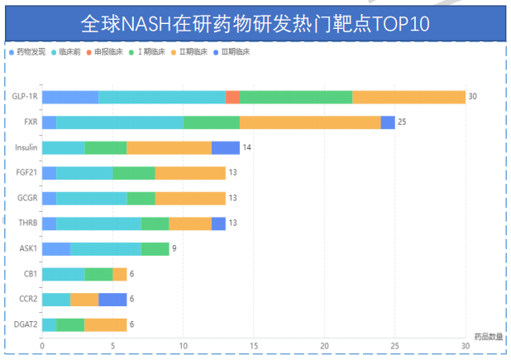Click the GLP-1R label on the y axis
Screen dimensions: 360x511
pos(24,97)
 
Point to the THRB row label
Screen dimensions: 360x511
pos(26,223)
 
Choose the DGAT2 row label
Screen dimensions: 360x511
pos(25,324)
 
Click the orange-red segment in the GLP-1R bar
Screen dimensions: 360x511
pos(232,97)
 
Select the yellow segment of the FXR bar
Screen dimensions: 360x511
pos(310,122)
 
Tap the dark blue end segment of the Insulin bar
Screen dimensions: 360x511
pos(226,147)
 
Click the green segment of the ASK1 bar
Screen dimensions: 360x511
pos(155,248)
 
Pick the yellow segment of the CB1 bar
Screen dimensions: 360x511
pos(120,274)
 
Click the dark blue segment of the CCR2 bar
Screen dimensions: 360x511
pos(112,299)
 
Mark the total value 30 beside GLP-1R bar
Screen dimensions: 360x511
pos(473,97)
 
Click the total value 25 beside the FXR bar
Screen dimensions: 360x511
pos(403,122)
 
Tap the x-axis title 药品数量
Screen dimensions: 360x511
pos(488,336)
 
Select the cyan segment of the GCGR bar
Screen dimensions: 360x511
pos(92,198)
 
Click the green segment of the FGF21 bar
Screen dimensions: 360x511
pos(134,173)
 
